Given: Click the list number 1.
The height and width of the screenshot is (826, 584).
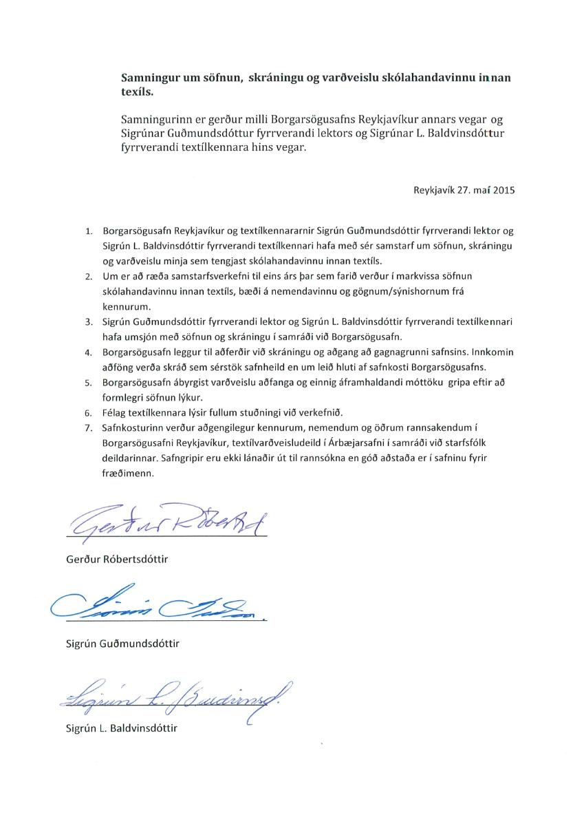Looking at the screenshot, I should [88, 231].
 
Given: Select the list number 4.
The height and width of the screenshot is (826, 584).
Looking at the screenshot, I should [88, 352].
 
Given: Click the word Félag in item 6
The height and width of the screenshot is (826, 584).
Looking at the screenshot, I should [115, 413].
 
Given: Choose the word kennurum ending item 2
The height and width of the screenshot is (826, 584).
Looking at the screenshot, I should [125, 307].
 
